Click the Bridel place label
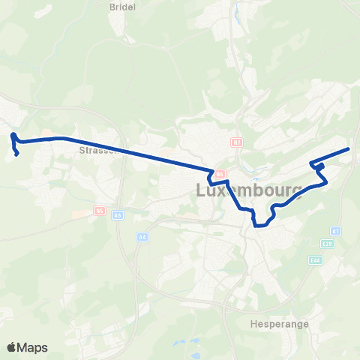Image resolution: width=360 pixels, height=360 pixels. pos(121,6)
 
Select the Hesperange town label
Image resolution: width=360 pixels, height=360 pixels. pos(272,325)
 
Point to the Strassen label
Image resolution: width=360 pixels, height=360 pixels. pos(97,149)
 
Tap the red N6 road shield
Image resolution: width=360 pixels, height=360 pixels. pos(220,174)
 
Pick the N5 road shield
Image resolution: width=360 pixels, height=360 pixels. pos(99,211)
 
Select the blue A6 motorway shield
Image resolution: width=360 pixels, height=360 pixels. pos(118,214)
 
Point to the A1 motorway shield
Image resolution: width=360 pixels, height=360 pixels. pos(335,231)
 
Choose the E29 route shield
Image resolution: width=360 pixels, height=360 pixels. pos(328,244)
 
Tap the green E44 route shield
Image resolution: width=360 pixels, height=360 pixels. pos(316,259)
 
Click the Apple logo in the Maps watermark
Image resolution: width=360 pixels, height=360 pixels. pos(13,347)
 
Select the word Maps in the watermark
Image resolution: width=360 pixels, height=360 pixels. pos(34,347)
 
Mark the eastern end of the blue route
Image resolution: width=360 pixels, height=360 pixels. pos(349,149)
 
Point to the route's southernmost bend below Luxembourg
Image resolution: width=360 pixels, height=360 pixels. pos(261,224)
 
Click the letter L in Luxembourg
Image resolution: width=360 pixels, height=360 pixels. pos(201,190)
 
